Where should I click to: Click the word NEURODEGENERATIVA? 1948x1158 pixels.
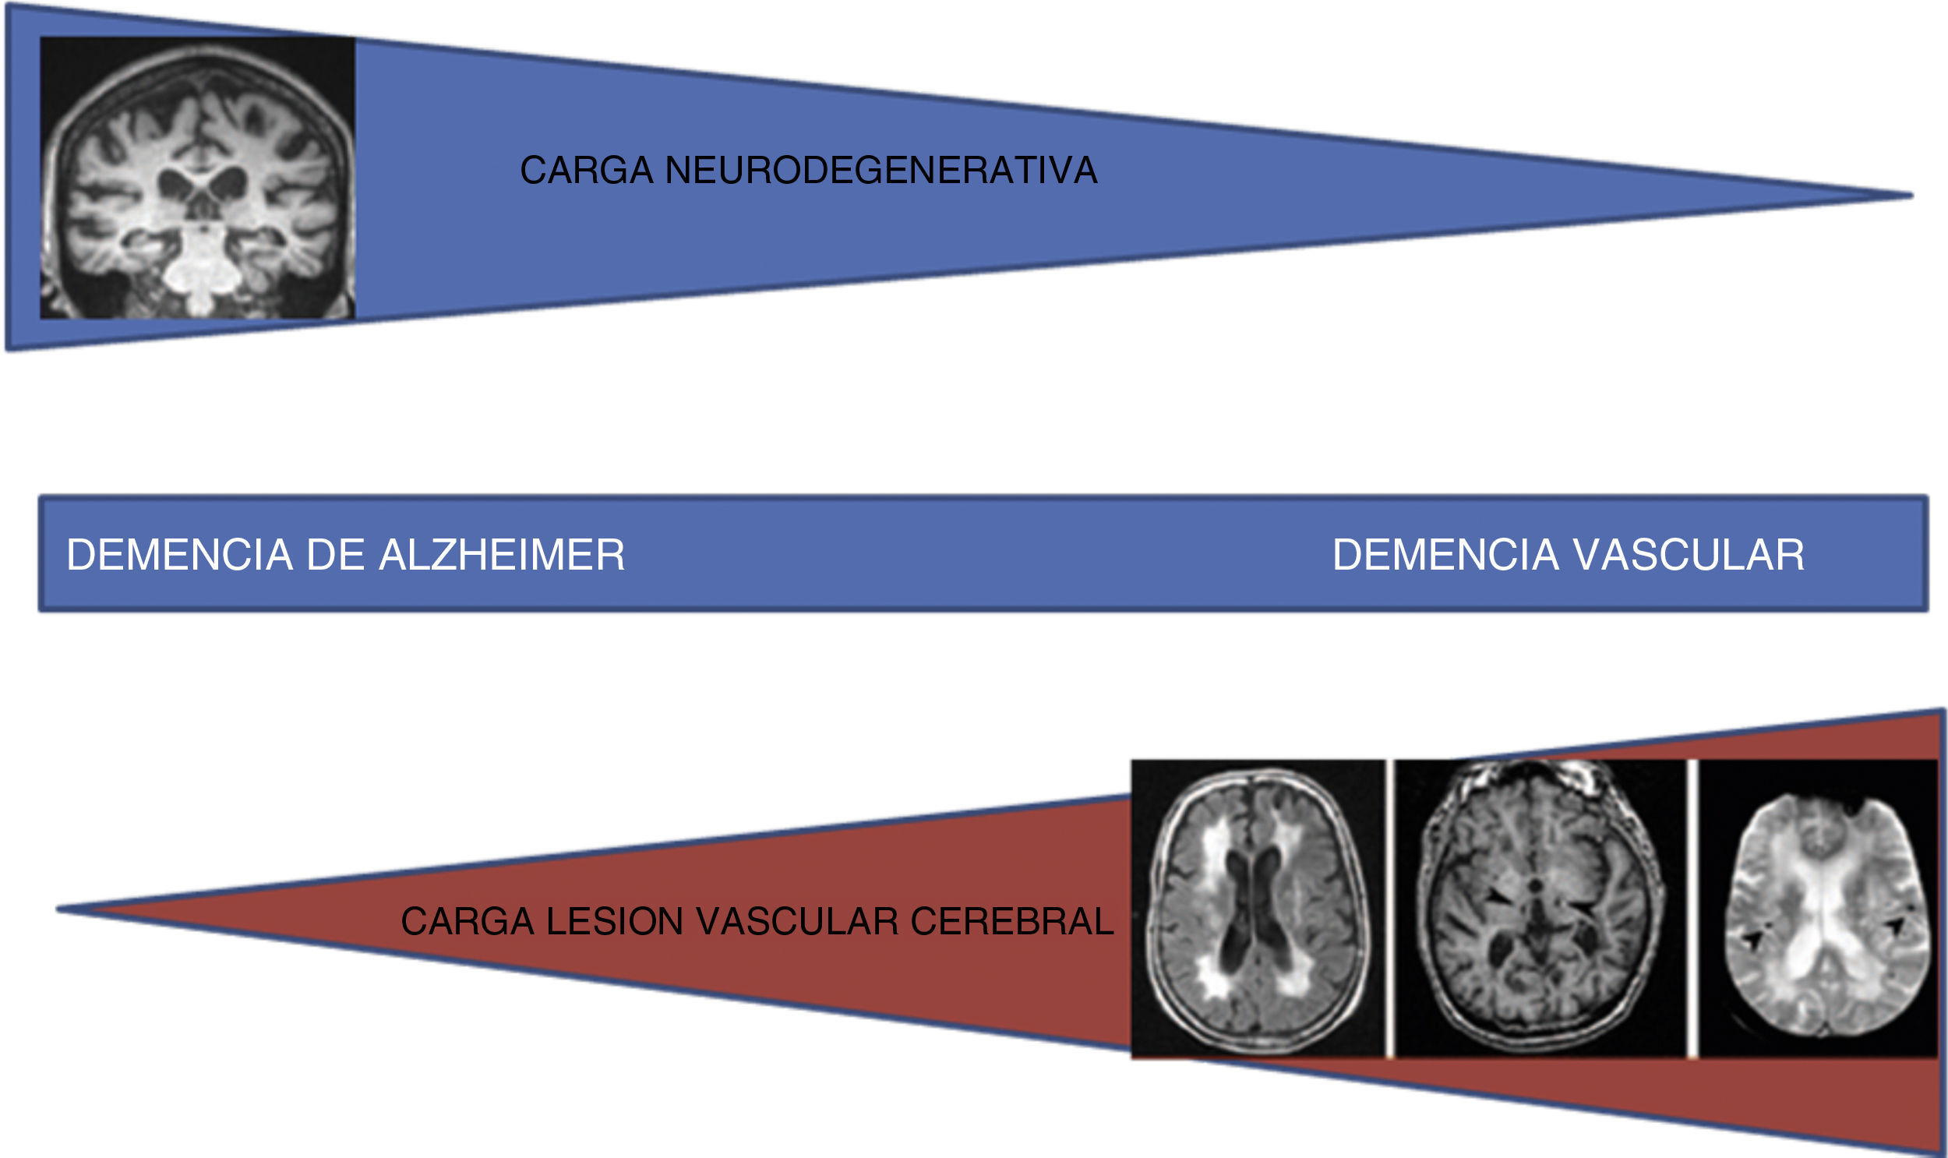(880, 171)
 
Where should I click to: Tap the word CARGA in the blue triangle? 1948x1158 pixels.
(586, 171)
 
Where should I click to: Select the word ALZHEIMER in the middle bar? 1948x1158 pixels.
(502, 556)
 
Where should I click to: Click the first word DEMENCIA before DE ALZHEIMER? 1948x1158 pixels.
(179, 556)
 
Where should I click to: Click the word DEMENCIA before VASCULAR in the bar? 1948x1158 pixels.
(1445, 556)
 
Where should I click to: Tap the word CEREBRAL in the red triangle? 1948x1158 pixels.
(1012, 922)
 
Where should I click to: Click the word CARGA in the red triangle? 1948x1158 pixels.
(467, 922)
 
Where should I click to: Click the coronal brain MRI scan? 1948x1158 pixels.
(197, 178)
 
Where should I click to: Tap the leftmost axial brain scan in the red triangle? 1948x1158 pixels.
(1258, 909)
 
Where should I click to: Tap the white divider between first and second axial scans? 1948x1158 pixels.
(1389, 909)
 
